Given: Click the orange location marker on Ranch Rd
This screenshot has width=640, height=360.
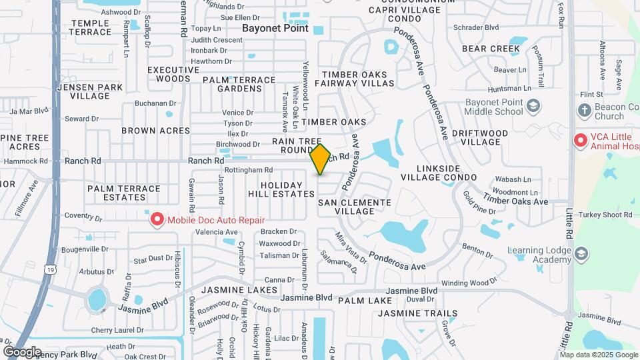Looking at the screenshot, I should point(321,159).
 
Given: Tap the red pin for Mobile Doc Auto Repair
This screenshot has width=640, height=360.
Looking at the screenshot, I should point(157,219).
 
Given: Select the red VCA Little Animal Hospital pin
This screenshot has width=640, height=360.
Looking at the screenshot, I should point(580,141).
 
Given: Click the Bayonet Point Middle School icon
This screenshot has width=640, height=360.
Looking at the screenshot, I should point(533,105).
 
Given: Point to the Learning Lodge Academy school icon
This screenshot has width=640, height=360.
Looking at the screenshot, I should point(581,253).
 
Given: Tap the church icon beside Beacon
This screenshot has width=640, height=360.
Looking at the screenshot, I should point(585,111).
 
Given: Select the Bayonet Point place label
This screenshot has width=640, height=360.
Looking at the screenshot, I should point(275,29).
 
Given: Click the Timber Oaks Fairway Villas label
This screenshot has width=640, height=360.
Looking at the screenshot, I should point(358,79).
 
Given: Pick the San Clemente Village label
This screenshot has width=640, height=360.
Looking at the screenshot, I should point(355,206).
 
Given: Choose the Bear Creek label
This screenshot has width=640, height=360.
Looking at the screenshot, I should point(491,49).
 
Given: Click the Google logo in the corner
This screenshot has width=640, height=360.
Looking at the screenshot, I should point(23,352).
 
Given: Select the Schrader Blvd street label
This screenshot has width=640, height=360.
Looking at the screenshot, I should point(476,27).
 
